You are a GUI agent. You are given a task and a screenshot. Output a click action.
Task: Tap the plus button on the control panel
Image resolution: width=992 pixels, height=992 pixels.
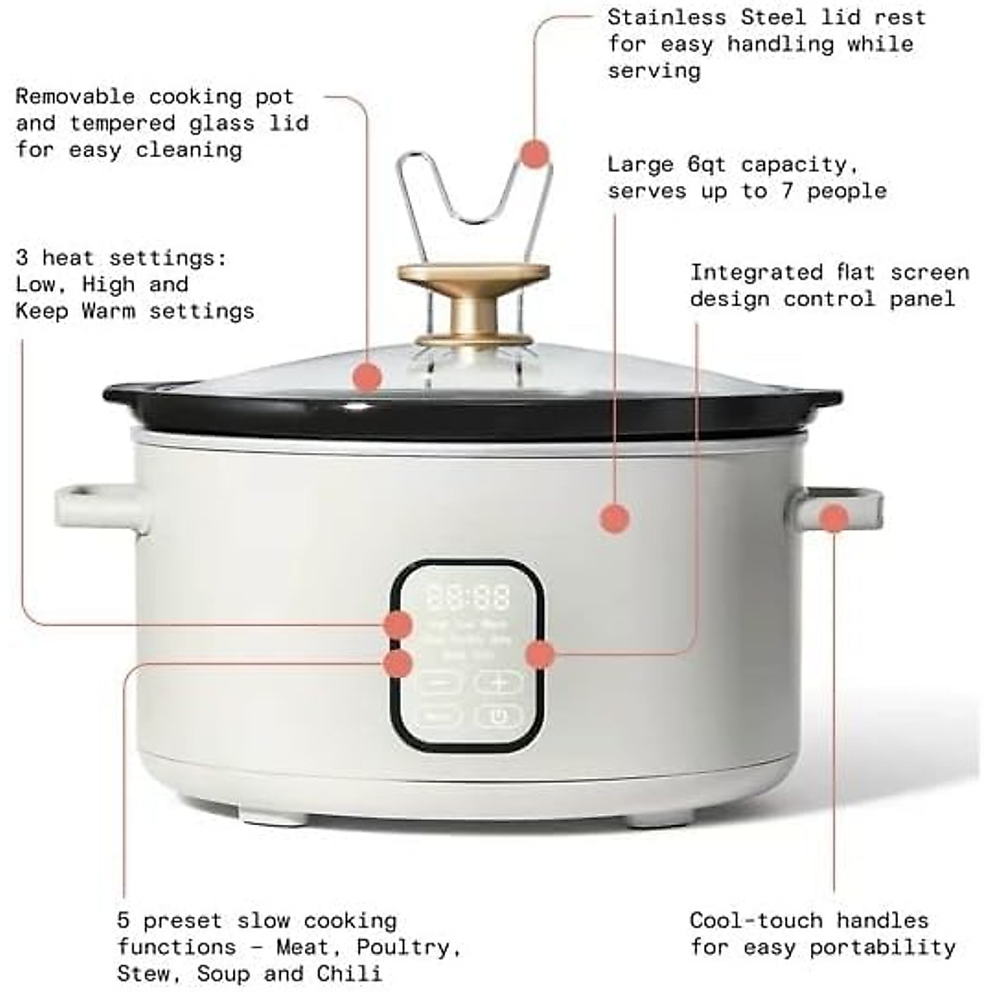[x=498, y=682]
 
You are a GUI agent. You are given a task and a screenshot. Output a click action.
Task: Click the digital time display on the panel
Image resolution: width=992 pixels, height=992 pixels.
[x=468, y=596]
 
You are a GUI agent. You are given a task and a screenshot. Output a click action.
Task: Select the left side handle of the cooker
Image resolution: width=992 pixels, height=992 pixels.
[x=99, y=507]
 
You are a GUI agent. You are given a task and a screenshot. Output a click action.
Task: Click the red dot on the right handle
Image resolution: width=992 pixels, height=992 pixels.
[x=835, y=518]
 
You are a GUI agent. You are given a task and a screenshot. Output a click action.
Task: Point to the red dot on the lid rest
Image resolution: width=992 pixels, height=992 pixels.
[x=535, y=154]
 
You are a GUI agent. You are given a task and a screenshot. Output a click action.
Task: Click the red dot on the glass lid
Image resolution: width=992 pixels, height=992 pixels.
[x=366, y=377]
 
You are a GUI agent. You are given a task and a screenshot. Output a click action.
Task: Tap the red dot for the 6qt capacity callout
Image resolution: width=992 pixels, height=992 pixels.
[x=614, y=518]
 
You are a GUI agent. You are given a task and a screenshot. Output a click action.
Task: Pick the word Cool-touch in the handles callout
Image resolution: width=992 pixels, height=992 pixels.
[x=756, y=920]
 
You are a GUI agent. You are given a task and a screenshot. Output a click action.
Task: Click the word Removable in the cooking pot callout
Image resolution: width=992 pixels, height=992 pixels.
[x=74, y=97]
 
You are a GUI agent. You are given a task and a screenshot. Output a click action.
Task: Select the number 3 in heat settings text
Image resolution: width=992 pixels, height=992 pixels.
[x=21, y=258]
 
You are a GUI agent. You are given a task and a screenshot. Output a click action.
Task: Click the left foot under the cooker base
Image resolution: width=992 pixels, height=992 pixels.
[x=273, y=818]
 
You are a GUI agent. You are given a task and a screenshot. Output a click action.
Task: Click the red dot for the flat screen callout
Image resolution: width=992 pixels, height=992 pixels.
[x=539, y=654]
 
